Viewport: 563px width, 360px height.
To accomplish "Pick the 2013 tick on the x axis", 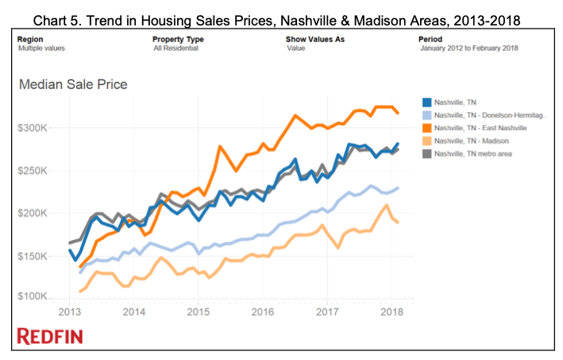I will [x=70, y=312].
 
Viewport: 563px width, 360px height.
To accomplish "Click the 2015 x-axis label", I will [x=199, y=312].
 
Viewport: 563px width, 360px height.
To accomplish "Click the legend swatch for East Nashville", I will [x=426, y=127].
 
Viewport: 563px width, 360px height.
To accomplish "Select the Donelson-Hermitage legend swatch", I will [x=426, y=114].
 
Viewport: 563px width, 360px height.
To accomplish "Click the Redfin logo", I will [x=49, y=336].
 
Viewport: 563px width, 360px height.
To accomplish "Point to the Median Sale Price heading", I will [x=72, y=84].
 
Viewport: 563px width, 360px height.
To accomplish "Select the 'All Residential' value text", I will [x=174, y=48].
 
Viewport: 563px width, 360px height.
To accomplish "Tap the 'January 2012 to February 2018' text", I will [x=469, y=48].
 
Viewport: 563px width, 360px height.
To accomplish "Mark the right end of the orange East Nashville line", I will [x=397, y=112].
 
